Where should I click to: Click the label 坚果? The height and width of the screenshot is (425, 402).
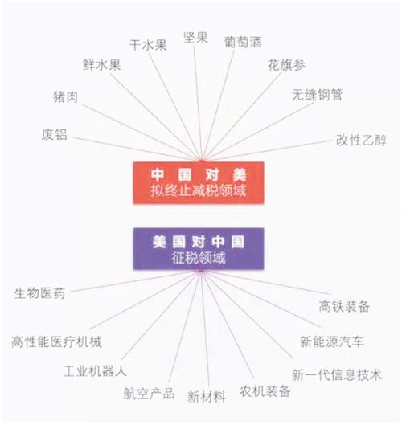[195, 38]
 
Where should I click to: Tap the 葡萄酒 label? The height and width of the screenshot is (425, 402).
[243, 42]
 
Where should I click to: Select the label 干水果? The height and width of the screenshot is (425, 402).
[148, 45]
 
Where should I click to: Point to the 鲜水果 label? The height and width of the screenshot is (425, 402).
[102, 65]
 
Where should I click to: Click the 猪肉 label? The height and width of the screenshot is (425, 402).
[65, 96]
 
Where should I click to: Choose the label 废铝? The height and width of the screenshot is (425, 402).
[54, 135]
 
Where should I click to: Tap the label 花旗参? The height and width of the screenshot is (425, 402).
[286, 65]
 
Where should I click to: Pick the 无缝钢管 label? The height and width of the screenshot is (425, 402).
[317, 95]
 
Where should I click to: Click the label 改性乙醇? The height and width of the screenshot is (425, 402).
[361, 140]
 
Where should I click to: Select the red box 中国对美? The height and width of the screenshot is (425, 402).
[199, 182]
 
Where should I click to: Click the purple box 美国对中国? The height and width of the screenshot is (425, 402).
[199, 249]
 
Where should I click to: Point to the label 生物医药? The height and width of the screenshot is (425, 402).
[39, 293]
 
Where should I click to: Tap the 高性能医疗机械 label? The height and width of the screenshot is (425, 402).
[56, 341]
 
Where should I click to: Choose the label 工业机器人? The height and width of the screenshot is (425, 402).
[95, 371]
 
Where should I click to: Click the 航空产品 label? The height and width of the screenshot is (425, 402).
[149, 394]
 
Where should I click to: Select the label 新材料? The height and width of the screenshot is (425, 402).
[207, 397]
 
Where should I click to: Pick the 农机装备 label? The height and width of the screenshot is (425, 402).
[265, 391]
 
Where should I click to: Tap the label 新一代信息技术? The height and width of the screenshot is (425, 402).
[337, 375]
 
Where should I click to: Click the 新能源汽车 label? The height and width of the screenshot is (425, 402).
[331, 341]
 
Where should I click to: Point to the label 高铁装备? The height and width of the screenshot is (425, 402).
[344, 307]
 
